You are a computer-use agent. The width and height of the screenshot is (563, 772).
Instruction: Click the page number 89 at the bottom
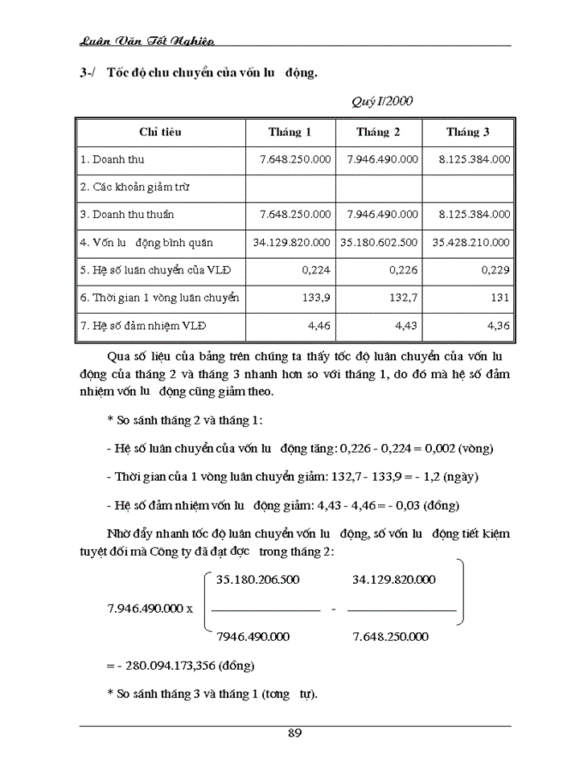pyautogui.click(x=294, y=733)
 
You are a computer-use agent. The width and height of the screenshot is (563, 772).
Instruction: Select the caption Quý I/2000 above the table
pyautogui.click(x=383, y=102)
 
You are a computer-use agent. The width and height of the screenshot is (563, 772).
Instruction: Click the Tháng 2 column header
pyautogui.click(x=377, y=132)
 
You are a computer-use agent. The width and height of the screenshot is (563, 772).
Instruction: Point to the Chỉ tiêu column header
pyautogui.click(x=160, y=132)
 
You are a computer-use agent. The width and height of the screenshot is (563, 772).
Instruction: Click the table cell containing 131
pyautogui.click(x=500, y=298)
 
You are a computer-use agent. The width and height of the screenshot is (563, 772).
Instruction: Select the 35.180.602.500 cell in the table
pyautogui.click(x=379, y=242)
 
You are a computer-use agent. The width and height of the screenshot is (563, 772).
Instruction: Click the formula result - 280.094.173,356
pyautogui.click(x=180, y=665)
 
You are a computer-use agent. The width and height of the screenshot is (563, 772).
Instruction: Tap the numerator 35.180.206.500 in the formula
pyautogui.click(x=258, y=579)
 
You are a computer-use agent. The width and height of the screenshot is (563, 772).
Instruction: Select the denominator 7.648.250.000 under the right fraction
pyautogui.click(x=391, y=636)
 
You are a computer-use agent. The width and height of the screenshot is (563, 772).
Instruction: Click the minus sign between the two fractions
pyautogui.click(x=334, y=609)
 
